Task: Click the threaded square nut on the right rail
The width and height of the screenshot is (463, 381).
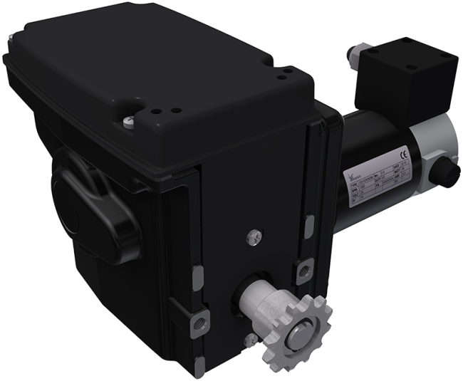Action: tap(304, 268)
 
